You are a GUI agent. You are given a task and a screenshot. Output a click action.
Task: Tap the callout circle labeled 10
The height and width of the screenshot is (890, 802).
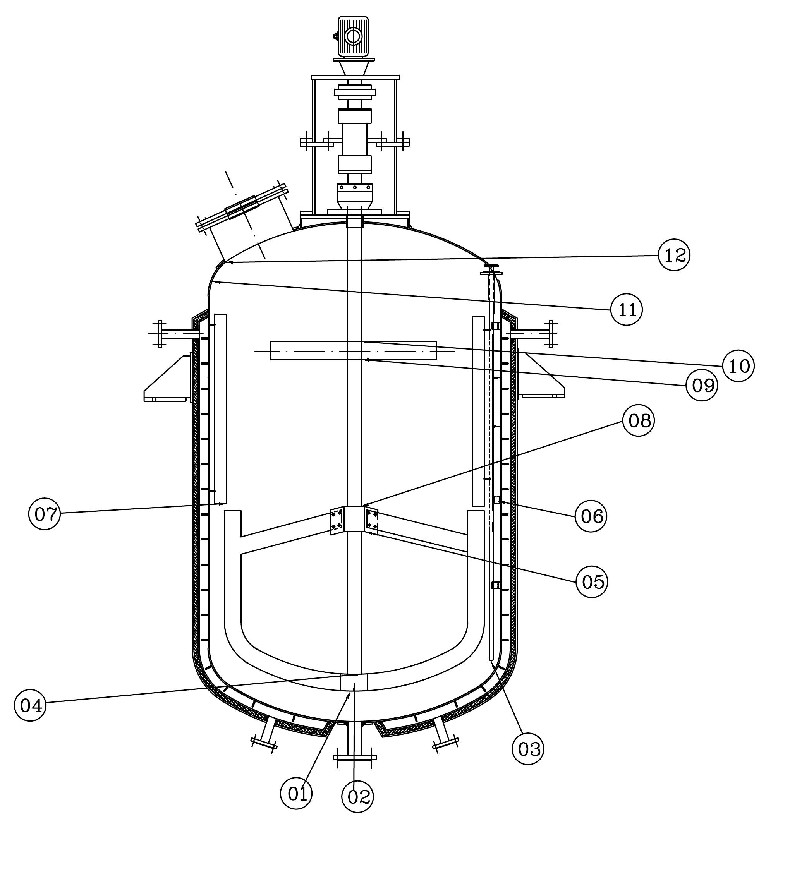738,365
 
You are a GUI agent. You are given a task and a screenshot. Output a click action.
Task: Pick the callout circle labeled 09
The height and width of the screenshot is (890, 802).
702,385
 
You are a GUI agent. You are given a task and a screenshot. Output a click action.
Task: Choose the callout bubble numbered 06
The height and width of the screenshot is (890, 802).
591,516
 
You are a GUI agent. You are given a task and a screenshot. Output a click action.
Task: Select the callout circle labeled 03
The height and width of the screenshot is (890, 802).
528,749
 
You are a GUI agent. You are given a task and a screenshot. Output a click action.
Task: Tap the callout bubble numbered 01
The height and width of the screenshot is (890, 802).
297,793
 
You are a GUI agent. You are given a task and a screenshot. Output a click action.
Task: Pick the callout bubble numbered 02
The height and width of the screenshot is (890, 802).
357,796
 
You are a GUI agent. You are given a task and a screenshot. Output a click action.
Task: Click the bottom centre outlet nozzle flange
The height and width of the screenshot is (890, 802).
355,757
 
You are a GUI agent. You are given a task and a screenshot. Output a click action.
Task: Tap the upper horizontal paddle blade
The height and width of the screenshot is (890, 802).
354,351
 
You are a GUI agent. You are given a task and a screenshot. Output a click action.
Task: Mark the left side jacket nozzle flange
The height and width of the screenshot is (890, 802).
160,334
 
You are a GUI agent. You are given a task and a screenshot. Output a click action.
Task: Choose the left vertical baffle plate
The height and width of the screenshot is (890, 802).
220,408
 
